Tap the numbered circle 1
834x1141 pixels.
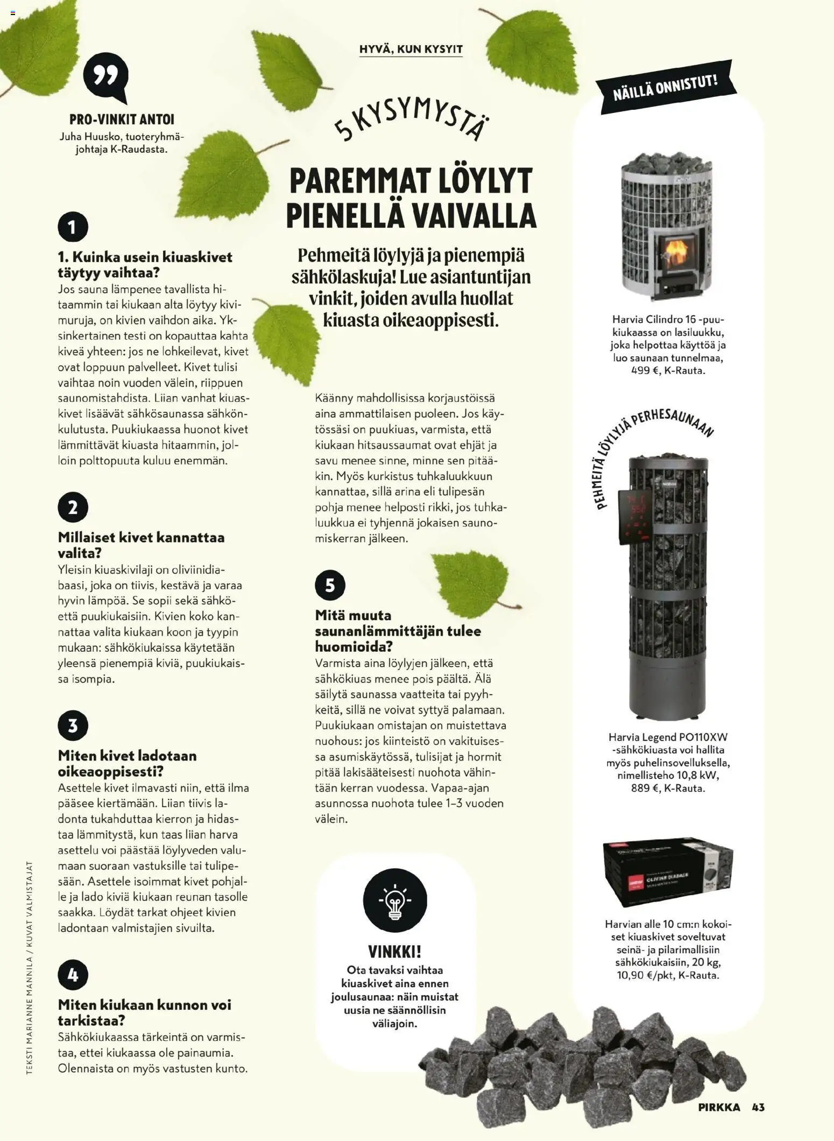click(x=73, y=227)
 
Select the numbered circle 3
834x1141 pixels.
click(x=73, y=726)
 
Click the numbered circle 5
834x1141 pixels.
click(x=330, y=585)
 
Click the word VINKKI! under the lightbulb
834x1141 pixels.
click(x=394, y=952)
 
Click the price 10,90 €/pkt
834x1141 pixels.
click(x=645, y=975)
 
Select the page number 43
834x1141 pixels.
click(x=758, y=1107)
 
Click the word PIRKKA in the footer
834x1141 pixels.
click(x=719, y=1107)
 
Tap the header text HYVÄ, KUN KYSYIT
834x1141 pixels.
click(x=411, y=50)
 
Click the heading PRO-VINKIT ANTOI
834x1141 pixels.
click(x=122, y=119)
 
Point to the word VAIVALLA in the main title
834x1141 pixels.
click(x=474, y=215)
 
